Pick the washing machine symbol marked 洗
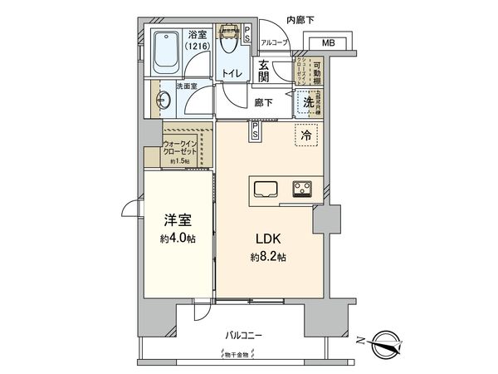(307, 103)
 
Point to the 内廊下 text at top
(300, 18)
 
